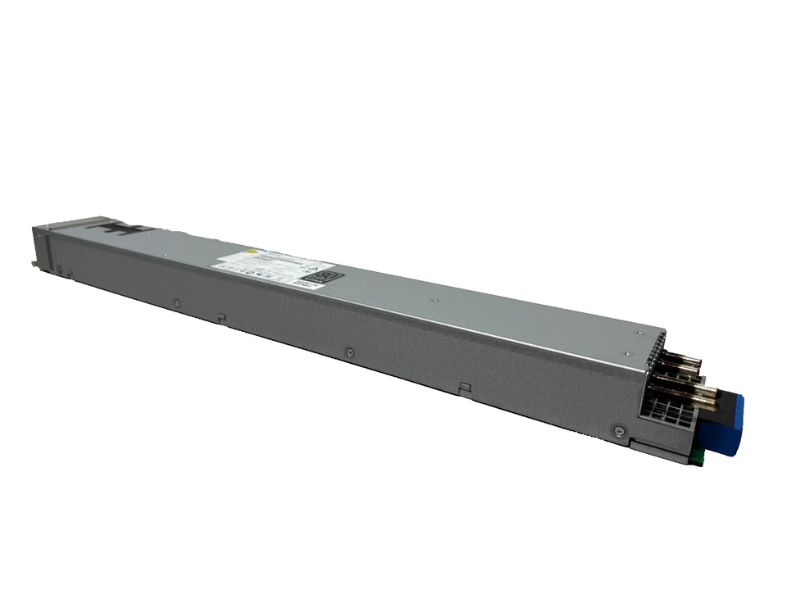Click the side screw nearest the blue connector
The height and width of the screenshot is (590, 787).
(x=616, y=428)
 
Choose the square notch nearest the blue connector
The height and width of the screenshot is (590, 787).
(x=464, y=386)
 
